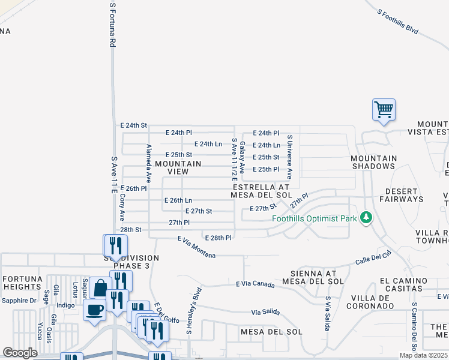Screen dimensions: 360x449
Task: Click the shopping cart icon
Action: (x=384, y=110)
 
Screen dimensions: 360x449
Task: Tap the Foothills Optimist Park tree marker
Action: (x=366, y=218)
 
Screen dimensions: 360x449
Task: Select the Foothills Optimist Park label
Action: (x=315, y=219)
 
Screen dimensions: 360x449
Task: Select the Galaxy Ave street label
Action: (x=243, y=158)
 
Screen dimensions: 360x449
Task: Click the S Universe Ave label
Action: (x=289, y=157)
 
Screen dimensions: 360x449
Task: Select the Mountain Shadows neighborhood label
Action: (x=374, y=162)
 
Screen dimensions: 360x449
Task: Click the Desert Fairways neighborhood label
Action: (x=402, y=195)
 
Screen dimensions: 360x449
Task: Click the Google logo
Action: (x=20, y=353)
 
